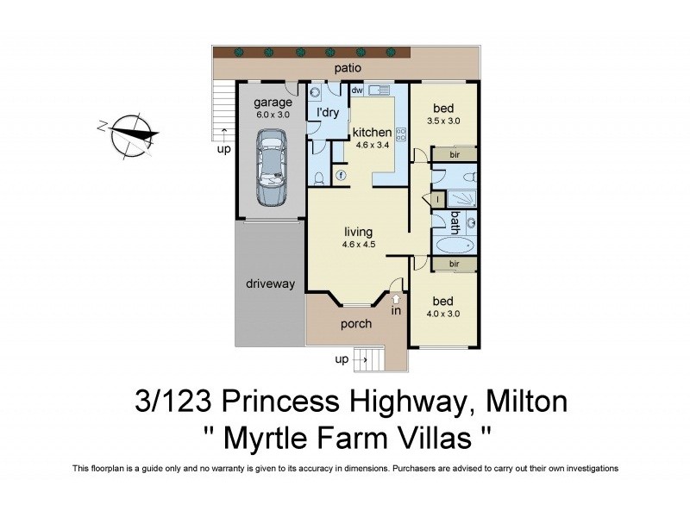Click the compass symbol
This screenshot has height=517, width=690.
(x=128, y=133)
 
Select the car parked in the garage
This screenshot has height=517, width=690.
(x=272, y=168)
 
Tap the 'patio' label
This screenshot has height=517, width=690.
(x=348, y=67)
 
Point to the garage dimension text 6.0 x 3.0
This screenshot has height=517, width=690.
(x=272, y=115)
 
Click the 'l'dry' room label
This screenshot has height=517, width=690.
(x=327, y=113)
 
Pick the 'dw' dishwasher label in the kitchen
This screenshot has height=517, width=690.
(x=356, y=90)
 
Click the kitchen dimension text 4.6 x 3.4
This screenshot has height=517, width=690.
(x=373, y=146)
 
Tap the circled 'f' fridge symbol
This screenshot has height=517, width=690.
(x=341, y=175)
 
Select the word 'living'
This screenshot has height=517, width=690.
(x=358, y=232)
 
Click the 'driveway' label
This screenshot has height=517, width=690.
(x=270, y=283)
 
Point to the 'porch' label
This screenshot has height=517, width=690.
(x=356, y=324)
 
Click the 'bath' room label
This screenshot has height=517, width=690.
(x=454, y=222)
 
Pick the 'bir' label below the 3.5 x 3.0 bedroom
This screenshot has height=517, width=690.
(x=454, y=154)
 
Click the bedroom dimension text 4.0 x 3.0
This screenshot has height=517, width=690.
(x=443, y=314)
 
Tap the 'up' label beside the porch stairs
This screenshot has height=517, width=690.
(x=342, y=359)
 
